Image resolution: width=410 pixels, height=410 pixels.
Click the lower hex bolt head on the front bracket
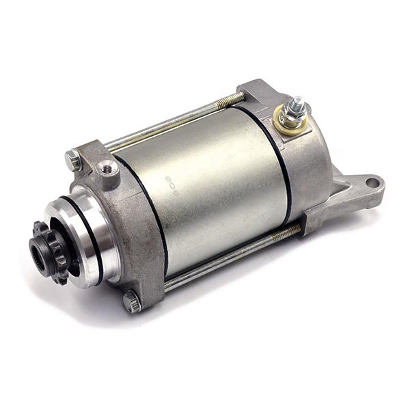pyautogui.click(x=132, y=301)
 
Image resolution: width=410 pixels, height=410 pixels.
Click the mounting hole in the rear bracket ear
pyautogui.click(x=371, y=182)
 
